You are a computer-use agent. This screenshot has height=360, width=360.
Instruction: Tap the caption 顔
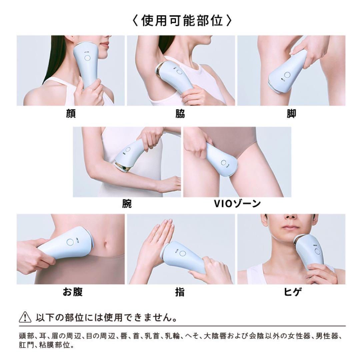pos(71,114)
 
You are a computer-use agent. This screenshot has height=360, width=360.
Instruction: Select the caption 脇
pos(180,114)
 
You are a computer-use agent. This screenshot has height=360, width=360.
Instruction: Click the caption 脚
pos(291,114)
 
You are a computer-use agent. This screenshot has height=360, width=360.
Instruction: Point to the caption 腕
pos(127,203)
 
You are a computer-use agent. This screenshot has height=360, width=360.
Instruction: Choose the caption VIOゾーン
pos(237,203)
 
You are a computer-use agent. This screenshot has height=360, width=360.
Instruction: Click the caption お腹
pos(72,292)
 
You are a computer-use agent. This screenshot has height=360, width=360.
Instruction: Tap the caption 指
pos(180,292)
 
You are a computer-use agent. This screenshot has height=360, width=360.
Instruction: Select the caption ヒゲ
pos(291,292)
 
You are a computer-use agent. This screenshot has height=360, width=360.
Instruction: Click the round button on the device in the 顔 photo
pos(87,58)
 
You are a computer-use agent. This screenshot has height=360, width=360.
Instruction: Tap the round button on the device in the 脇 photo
pos(179,72)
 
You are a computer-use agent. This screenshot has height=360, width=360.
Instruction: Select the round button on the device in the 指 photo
pos(182,254)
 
